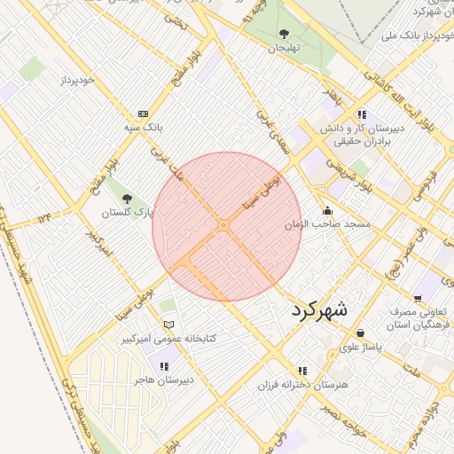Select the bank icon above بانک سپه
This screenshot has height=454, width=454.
(143, 114)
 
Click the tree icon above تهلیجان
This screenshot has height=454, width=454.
(284, 34)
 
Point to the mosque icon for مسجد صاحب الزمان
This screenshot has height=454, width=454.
(328, 211)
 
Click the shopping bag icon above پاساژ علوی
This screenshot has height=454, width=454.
(360, 333)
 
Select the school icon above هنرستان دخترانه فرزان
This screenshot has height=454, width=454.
(302, 371)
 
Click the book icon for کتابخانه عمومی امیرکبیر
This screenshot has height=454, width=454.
(168, 325)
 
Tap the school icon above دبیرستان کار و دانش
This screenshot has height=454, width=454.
(362, 114)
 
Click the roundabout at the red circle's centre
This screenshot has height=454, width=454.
(224, 227)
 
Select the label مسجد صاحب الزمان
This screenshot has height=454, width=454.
(325, 225)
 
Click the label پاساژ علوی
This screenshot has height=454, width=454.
(359, 348)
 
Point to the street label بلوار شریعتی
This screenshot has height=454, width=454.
(339, 170)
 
